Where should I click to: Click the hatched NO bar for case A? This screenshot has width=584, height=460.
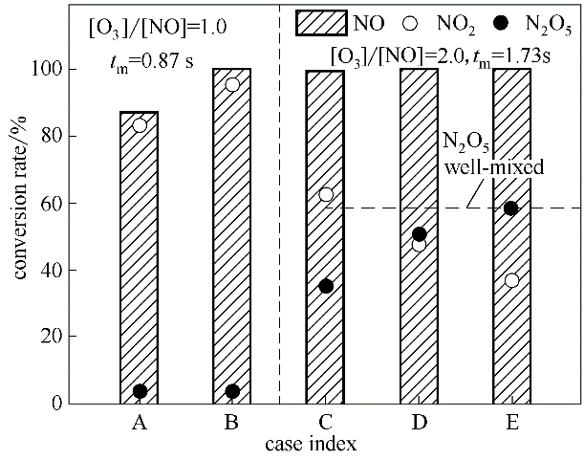(139, 258)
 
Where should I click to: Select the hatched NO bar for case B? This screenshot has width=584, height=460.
(231, 239)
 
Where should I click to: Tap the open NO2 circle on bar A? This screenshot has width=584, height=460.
(140, 124)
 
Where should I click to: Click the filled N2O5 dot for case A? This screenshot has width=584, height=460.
(140, 390)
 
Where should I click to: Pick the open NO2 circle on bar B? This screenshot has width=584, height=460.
(231, 84)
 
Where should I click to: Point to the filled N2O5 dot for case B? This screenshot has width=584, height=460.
(231, 390)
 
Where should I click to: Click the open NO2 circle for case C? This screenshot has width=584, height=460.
(326, 194)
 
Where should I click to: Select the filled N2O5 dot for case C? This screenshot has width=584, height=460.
(326, 286)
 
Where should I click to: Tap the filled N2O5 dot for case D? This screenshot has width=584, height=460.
(419, 233)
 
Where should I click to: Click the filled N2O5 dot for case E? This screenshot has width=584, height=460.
(511, 208)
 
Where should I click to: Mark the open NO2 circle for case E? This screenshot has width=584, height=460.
(511, 280)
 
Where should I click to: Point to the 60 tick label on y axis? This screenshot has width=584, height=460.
(52, 203)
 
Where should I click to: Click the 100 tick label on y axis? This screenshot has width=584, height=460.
(48, 69)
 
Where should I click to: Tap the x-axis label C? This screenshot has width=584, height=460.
(326, 424)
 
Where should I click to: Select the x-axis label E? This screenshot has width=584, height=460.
(511, 424)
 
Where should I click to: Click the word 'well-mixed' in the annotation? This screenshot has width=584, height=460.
(495, 167)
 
